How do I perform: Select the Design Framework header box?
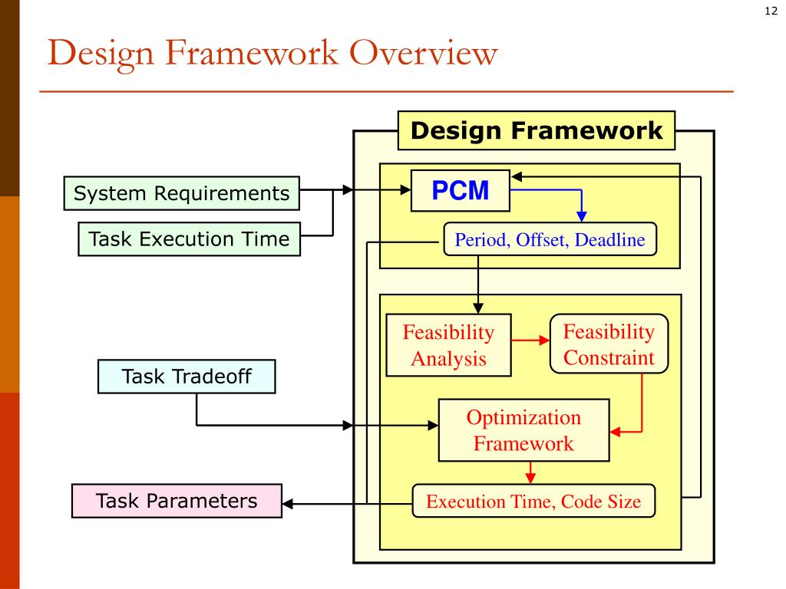point(537,130)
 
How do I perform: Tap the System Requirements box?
point(181,193)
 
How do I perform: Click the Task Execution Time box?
point(189,239)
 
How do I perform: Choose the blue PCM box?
point(461,190)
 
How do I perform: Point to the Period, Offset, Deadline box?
point(550,240)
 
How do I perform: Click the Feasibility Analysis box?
point(449,345)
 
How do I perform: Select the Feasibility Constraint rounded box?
point(609,344)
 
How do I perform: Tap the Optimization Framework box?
point(523,430)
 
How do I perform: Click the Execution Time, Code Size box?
point(533,502)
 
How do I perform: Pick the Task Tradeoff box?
point(187,377)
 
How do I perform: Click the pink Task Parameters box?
point(177,502)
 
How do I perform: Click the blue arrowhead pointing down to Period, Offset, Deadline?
point(581,216)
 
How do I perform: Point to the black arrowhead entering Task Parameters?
point(289,504)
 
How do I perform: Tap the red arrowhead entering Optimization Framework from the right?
point(616,433)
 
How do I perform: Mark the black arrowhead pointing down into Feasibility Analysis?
point(478,309)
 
